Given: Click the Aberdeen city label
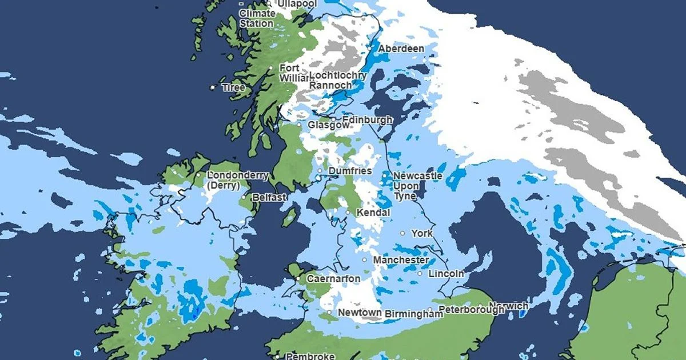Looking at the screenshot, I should point(401,49).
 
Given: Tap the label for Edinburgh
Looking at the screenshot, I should point(367,120).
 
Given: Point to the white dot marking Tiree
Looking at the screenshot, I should point(213,87).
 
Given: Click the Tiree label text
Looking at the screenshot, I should point(233,87).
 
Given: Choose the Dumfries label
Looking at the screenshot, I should point(350,171).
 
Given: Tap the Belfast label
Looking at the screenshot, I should point(269,197).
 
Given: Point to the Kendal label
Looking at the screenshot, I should point(373,213).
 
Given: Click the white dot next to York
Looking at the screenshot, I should point(402,233).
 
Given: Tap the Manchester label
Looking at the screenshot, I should point(401,260).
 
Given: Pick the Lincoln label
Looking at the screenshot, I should point(446,274).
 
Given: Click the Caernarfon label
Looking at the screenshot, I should point(333,278).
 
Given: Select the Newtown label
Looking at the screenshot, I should point(360,313).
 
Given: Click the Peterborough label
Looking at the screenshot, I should point(468,310).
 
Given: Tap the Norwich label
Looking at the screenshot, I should point(509,306).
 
